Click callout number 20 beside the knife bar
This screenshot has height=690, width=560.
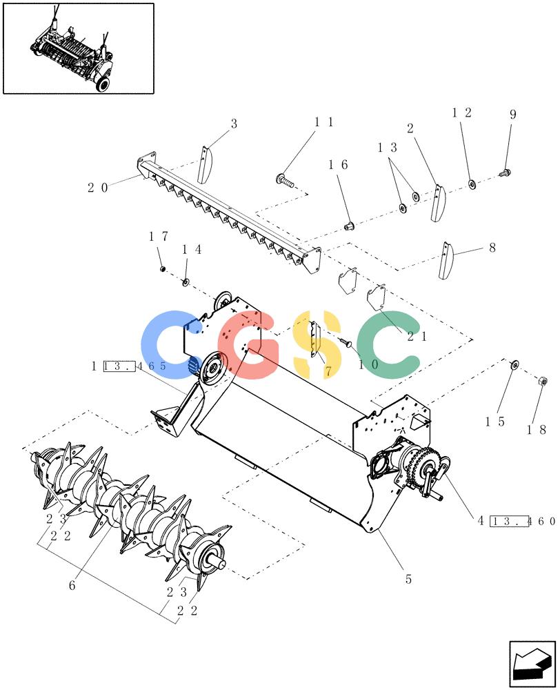click(98, 188)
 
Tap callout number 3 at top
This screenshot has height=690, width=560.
click(234, 124)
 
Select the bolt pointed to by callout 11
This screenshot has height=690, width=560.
click(285, 179)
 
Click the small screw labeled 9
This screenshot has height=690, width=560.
click(505, 172)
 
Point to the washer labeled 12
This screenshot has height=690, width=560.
click(472, 184)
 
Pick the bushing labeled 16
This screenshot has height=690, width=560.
click(349, 226)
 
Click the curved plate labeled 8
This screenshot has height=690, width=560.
click(446, 260)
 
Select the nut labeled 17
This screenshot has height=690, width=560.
click(162, 268)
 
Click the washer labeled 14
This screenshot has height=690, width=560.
click(186, 282)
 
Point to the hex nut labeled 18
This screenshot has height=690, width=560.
click(542, 381)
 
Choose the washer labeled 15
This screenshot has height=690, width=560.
click(514, 364)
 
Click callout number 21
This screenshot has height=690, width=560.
click(417, 337)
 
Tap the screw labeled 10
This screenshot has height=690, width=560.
click(346, 342)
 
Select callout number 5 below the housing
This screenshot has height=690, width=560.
click(408, 579)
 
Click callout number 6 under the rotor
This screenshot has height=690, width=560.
click(72, 585)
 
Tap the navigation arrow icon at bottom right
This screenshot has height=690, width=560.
click(532, 663)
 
